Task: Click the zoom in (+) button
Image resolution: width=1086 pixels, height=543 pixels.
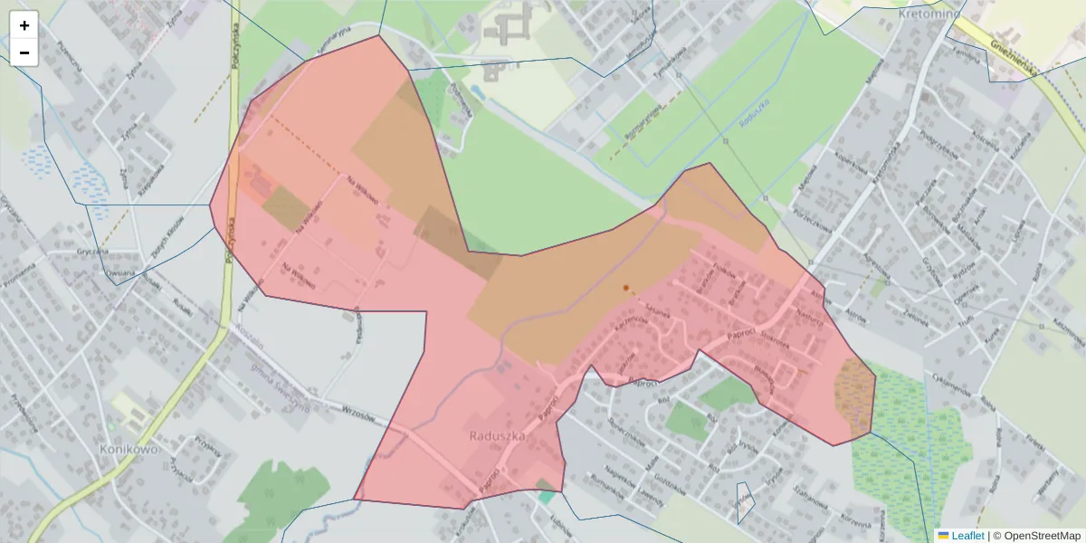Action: pos(24,25)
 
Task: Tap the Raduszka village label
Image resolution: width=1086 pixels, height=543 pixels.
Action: pos(497,435)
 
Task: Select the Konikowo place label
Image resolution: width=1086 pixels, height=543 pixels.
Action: pos(129,449)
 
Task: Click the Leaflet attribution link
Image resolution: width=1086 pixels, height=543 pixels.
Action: pos(967,536)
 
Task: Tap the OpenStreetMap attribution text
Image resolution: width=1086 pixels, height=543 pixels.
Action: pos(1036,536)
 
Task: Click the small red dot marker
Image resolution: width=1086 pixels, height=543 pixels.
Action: pos(625,288)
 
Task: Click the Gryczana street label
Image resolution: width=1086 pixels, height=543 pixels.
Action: pos(93,251)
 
